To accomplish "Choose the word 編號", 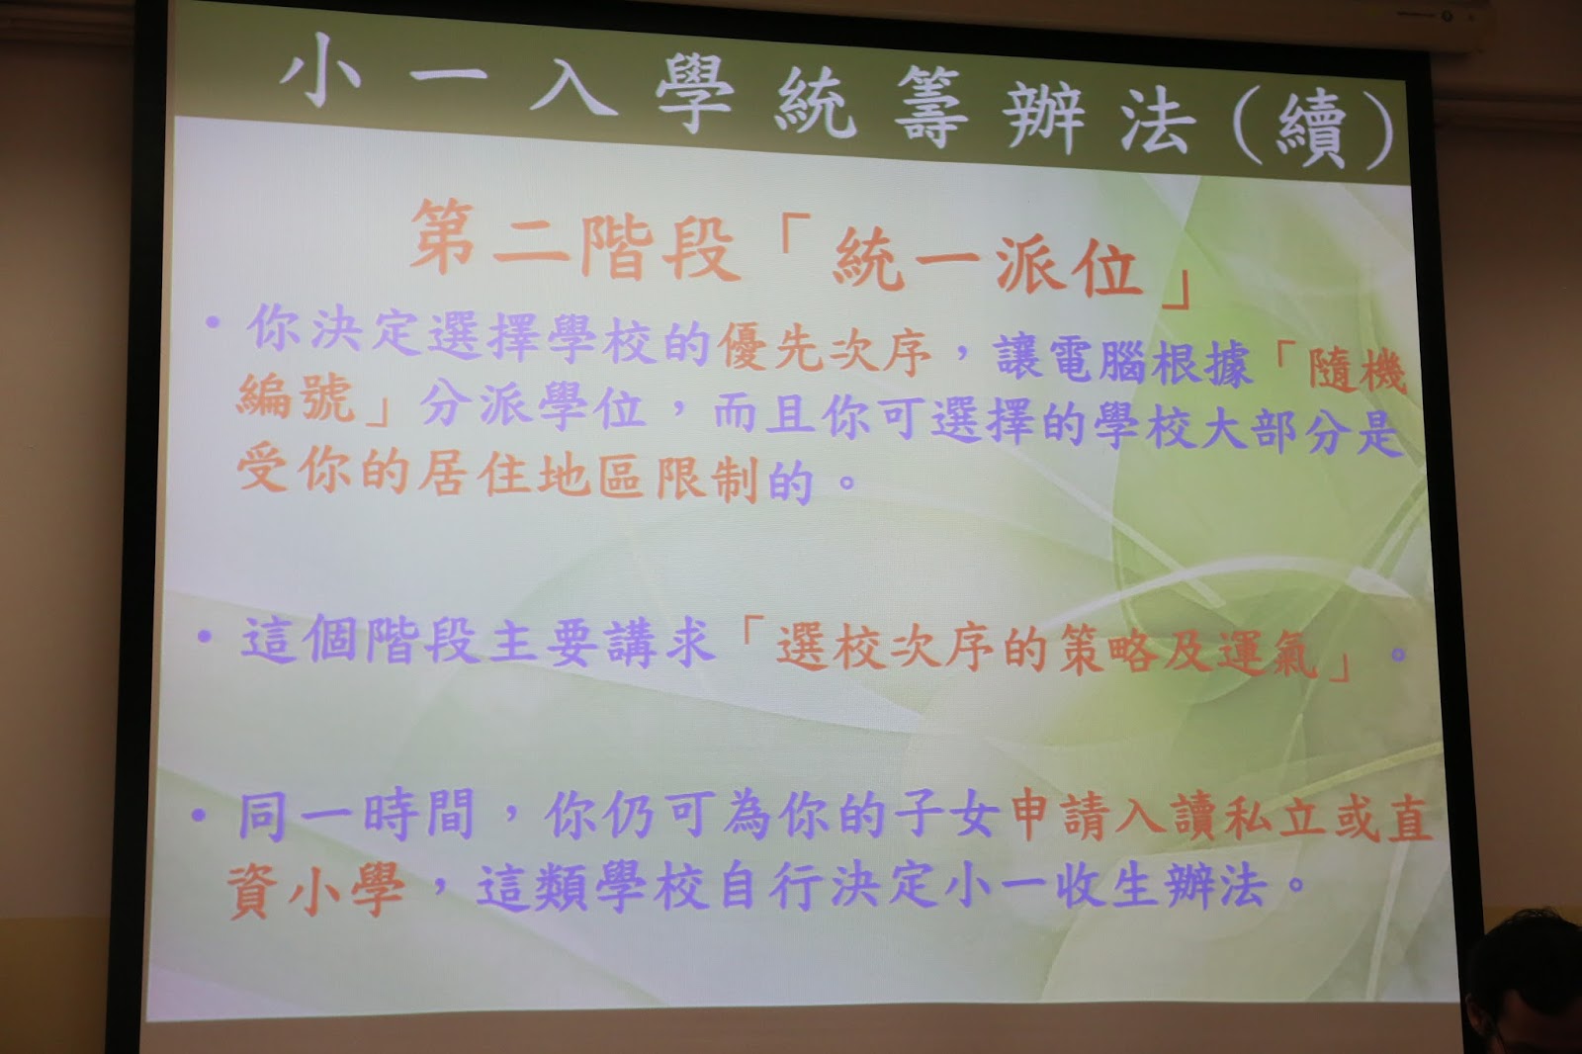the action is [296, 397].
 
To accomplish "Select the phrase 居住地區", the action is [530, 475].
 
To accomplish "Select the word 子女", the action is [946, 818].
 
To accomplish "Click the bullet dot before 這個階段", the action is [205, 637].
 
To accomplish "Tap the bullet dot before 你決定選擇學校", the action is [213, 323].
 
